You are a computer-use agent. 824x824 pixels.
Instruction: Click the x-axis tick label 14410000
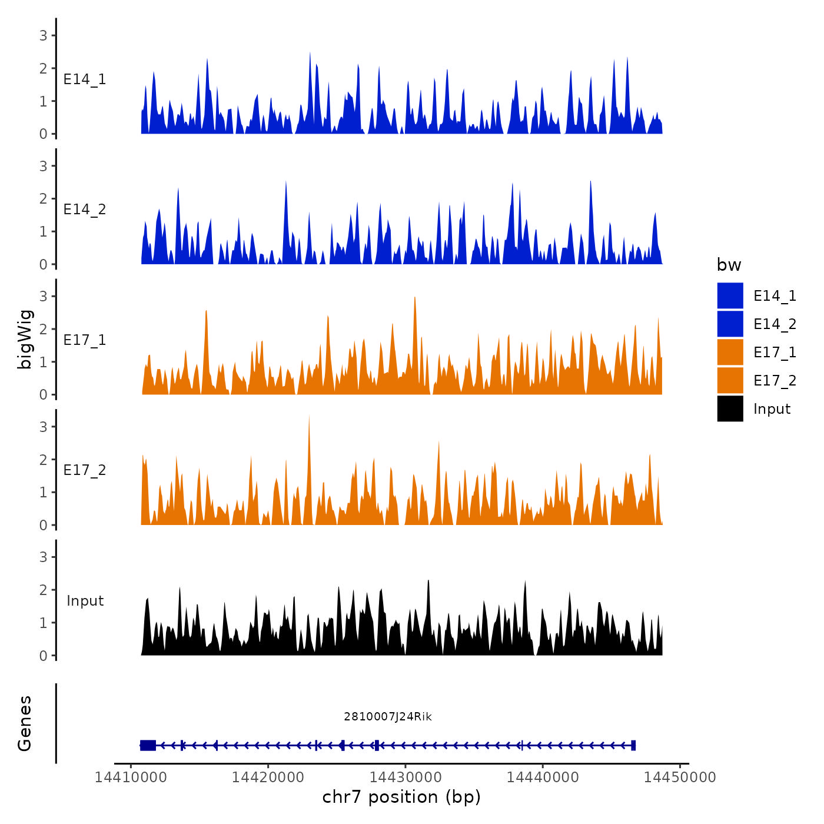click(131, 777)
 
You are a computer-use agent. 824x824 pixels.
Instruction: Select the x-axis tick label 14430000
click(406, 777)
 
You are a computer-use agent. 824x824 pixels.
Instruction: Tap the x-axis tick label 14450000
click(680, 777)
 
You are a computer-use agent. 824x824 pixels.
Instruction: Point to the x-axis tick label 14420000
click(268, 777)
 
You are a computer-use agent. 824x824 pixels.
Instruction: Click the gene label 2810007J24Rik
click(388, 716)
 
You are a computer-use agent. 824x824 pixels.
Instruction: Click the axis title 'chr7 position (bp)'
click(401, 797)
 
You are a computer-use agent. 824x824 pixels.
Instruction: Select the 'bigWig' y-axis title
click(25, 339)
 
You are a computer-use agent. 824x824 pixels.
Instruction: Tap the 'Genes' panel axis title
click(25, 723)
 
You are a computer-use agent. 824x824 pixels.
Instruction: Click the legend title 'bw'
click(729, 265)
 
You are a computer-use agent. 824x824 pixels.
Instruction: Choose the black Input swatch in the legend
click(730, 408)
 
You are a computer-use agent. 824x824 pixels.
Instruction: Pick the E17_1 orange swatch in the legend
click(730, 352)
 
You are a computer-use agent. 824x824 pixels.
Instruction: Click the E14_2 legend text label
click(775, 324)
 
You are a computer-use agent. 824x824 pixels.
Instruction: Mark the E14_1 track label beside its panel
click(85, 79)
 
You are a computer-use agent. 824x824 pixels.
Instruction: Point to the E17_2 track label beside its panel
click(85, 470)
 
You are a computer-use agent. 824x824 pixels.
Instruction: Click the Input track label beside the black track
click(85, 601)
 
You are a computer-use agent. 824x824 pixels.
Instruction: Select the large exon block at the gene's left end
click(148, 745)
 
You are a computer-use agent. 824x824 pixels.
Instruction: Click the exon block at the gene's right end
click(633, 745)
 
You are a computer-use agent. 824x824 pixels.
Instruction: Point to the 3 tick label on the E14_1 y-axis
click(44, 35)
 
